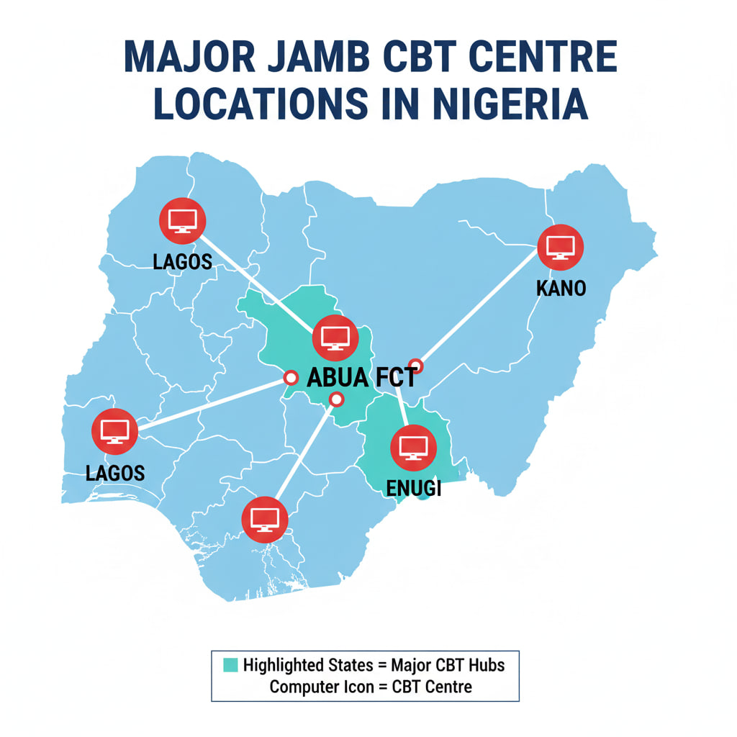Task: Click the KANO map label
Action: (561, 289)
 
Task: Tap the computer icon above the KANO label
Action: (561, 247)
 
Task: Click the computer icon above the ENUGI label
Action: (413, 447)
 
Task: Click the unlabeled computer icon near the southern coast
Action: (265, 519)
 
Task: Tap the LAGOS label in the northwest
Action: (183, 261)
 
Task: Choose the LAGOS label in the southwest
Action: (115, 473)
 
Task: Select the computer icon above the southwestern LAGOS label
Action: (114, 431)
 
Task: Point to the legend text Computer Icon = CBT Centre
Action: (371, 687)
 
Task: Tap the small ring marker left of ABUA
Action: (291, 377)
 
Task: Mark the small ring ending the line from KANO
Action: (415, 366)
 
